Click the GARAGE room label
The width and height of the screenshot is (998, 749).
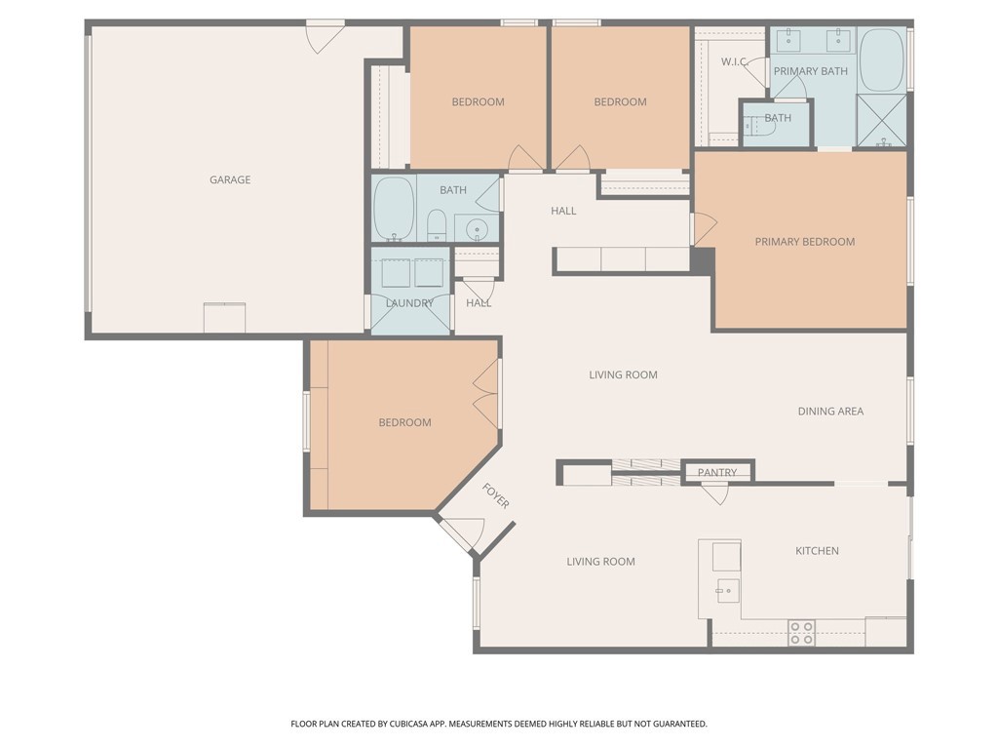(x=230, y=179)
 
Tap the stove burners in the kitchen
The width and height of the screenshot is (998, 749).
(x=801, y=633)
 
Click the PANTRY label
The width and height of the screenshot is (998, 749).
(x=717, y=472)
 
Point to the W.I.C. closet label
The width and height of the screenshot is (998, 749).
(x=734, y=61)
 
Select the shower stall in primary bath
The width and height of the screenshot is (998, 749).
(x=881, y=121)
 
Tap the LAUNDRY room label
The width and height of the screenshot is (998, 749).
(x=409, y=303)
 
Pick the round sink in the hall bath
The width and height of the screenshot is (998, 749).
(x=477, y=229)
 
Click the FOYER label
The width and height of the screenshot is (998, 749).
(x=496, y=496)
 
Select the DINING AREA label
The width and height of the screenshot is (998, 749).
(x=830, y=411)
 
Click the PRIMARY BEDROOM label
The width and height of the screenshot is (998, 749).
(x=805, y=242)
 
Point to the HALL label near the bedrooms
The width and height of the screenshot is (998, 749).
(x=563, y=211)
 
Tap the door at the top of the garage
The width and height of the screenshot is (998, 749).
(x=325, y=36)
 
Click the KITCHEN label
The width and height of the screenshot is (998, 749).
(x=817, y=551)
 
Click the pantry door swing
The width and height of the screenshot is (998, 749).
(x=715, y=494)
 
